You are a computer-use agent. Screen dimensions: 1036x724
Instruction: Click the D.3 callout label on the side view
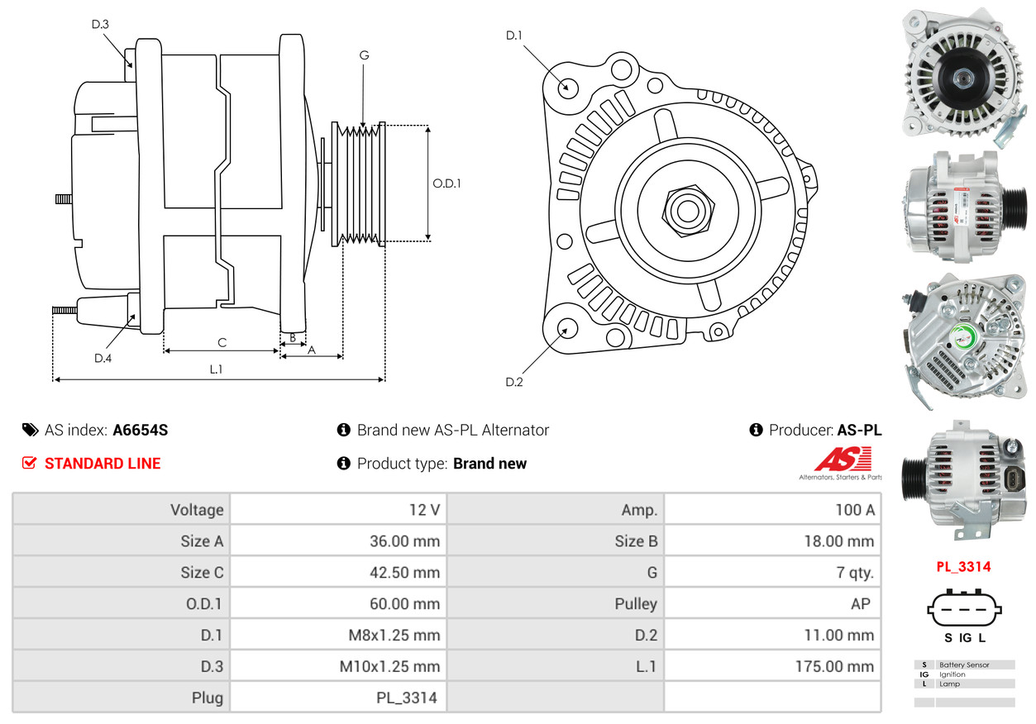pyautogui.click(x=100, y=24)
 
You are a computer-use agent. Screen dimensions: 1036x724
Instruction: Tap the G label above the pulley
pyautogui.click(x=364, y=55)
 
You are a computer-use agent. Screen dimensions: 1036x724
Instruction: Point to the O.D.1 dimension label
pyautogui.click(x=446, y=183)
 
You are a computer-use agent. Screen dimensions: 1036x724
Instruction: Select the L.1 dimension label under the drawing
pyautogui.click(x=216, y=369)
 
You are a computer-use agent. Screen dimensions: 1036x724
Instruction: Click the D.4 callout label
pyautogui.click(x=103, y=359)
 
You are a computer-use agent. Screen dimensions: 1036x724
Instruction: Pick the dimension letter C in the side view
pyautogui.click(x=222, y=343)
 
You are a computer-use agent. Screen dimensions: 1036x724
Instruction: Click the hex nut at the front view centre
pyautogui.click(x=688, y=212)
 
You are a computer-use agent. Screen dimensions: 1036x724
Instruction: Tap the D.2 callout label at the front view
pyautogui.click(x=513, y=382)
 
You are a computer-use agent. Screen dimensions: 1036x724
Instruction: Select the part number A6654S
pyautogui.click(x=141, y=430)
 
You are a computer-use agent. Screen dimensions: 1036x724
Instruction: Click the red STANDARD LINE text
pyautogui.click(x=103, y=464)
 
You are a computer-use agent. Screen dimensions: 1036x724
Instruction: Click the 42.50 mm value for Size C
pyautogui.click(x=404, y=573)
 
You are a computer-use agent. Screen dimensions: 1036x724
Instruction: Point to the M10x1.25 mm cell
pyautogui.click(x=389, y=666)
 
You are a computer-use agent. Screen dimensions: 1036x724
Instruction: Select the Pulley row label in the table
pyautogui.click(x=636, y=604)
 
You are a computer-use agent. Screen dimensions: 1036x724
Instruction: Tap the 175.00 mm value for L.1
pyautogui.click(x=834, y=666)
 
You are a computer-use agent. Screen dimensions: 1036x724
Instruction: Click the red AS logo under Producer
pyautogui.click(x=843, y=459)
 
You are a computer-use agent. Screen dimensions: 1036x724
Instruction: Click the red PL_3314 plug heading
pyautogui.click(x=964, y=567)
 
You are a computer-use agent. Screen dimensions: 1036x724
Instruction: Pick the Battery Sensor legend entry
pyautogui.click(x=964, y=664)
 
